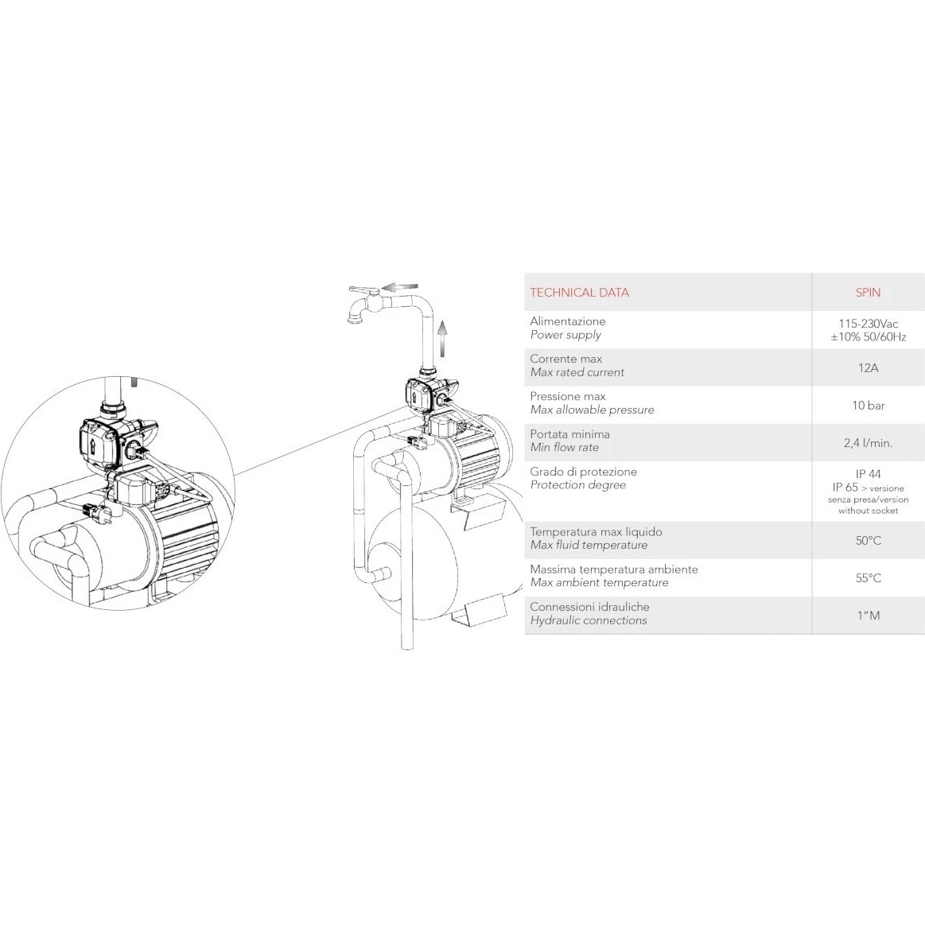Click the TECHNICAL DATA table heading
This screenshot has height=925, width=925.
(579, 293)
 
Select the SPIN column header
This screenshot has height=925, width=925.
(868, 293)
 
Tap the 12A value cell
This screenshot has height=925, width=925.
(868, 368)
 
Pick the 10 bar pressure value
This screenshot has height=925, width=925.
(868, 406)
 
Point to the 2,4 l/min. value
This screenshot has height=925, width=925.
(868, 443)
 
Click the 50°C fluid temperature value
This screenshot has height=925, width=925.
(869, 540)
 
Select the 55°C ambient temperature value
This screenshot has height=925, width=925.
(869, 578)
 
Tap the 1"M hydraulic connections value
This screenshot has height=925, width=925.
(869, 616)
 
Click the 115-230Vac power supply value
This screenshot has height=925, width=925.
(869, 324)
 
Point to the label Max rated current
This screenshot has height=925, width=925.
(577, 373)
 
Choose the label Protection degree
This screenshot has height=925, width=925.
(578, 485)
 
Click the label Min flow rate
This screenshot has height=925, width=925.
(565, 448)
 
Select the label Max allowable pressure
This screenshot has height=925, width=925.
(593, 410)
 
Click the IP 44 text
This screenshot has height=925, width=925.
(868, 474)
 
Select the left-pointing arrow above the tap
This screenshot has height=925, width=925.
(401, 287)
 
